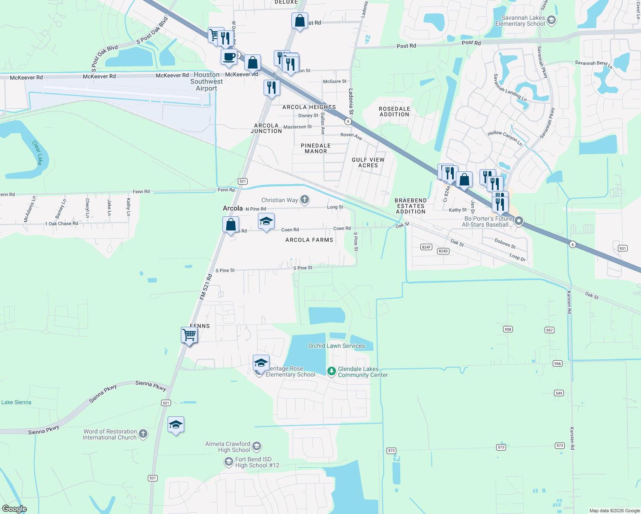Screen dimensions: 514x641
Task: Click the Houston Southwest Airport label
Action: coord(207,81)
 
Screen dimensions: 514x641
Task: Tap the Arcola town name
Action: coord(233,208)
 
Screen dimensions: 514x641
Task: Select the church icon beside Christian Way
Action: coord(304,199)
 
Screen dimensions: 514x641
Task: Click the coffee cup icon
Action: coord(229,57)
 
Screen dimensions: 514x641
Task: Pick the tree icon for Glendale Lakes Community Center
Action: coord(331,371)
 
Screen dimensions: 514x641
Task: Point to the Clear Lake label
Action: coord(37,152)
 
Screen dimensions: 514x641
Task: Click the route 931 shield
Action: coord(623,248)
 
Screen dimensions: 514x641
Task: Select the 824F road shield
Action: coord(426,247)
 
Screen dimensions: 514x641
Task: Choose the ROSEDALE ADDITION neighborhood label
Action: coord(394,111)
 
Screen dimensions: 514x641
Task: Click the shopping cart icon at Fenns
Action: coord(189,335)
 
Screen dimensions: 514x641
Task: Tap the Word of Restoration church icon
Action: coord(143,434)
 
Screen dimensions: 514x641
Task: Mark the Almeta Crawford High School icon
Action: coord(257,446)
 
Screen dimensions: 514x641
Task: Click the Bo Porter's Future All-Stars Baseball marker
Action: coord(519,221)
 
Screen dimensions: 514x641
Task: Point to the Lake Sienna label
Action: coord(16,402)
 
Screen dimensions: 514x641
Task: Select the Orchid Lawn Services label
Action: coord(336,346)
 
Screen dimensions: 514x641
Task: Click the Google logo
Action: coord(15,509)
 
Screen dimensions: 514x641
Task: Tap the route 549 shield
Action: coord(559,393)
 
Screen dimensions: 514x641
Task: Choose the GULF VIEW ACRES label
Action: coord(368,162)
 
